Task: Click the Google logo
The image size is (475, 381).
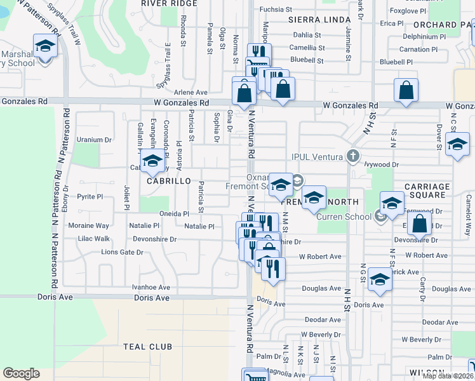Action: click(x=21, y=373)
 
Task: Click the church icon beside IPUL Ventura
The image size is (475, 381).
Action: click(x=353, y=157)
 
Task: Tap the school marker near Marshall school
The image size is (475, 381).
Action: click(x=44, y=48)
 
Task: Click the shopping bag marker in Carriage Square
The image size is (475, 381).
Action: click(x=419, y=224)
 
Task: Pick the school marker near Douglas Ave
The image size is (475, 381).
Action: click(x=380, y=280)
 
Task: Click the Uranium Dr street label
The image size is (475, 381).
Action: click(x=93, y=140)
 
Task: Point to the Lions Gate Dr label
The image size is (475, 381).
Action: click(x=122, y=252)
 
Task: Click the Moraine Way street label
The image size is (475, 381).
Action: click(x=89, y=225)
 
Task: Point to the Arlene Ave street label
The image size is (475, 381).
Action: click(x=191, y=92)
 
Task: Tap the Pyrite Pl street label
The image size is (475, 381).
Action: click(x=90, y=197)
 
